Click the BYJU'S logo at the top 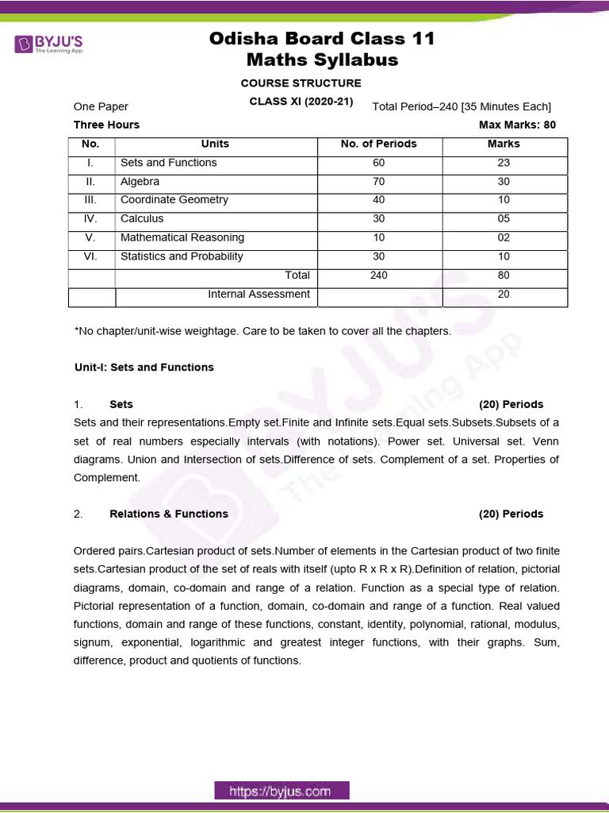click(x=48, y=44)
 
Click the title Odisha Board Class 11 click(x=322, y=39)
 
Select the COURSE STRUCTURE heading click(x=301, y=83)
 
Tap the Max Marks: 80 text click(x=517, y=125)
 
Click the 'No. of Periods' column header click(x=378, y=144)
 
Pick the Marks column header click(x=504, y=144)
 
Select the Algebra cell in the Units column click(x=140, y=181)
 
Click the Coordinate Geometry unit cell click(x=174, y=200)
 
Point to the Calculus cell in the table click(x=142, y=218)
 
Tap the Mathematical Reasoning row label click(x=182, y=237)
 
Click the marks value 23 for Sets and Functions click(x=504, y=163)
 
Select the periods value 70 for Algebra click(x=378, y=181)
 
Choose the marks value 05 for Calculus click(x=504, y=218)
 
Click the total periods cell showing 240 click(x=378, y=275)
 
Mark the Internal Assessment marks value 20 click(x=504, y=294)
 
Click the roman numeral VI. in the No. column click(x=90, y=256)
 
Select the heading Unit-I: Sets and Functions click(x=144, y=368)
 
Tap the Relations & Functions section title click(x=168, y=514)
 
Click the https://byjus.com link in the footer click(x=280, y=791)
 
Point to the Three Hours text click(x=106, y=125)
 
